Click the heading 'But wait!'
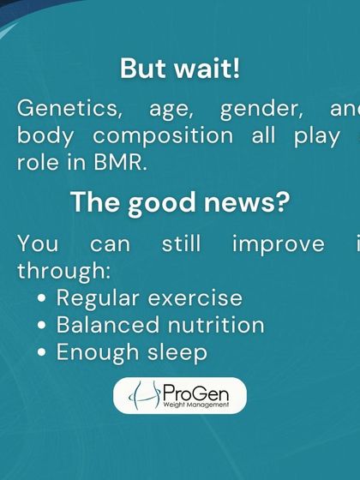(x=180, y=69)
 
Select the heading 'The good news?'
(x=180, y=203)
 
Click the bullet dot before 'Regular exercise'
(x=43, y=299)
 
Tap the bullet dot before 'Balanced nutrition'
(x=43, y=326)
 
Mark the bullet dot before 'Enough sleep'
(x=43, y=353)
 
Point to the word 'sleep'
(x=177, y=353)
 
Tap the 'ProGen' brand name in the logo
(x=197, y=391)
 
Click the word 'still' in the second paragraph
(x=181, y=244)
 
